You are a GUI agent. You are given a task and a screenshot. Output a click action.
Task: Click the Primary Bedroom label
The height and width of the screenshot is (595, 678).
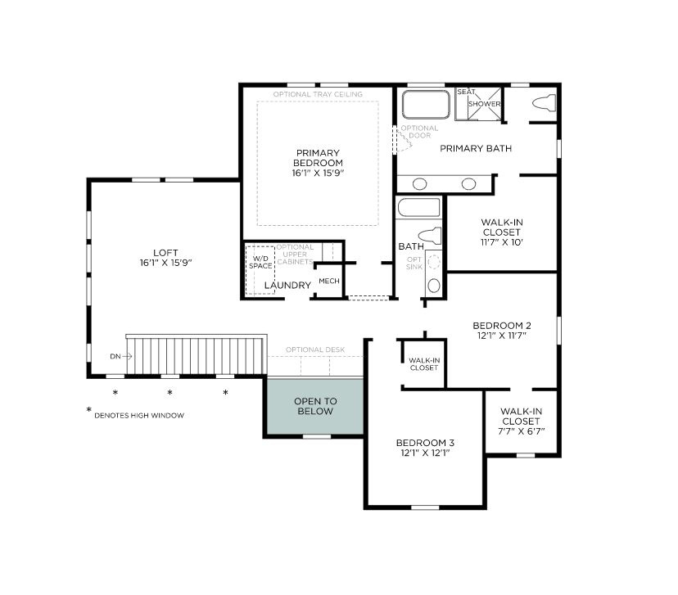point(318,158)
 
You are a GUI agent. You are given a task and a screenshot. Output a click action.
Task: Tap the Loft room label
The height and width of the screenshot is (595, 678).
point(165,253)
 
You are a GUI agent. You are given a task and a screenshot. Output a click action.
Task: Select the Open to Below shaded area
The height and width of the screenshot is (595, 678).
point(315,406)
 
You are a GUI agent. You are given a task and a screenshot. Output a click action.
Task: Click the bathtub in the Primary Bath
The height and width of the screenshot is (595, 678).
point(426,104)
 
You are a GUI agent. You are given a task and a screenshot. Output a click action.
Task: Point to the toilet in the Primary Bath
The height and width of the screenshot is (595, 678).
point(544,103)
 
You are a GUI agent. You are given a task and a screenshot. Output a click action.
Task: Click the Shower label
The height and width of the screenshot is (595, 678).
point(484,104)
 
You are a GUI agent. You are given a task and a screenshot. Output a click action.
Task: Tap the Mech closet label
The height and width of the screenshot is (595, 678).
point(329,281)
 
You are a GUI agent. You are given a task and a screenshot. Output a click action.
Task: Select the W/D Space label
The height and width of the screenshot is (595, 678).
point(260,262)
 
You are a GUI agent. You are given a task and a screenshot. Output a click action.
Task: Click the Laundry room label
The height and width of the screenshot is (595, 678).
point(287,285)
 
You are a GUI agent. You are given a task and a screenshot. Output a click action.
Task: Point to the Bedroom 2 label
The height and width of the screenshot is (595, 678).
point(502,326)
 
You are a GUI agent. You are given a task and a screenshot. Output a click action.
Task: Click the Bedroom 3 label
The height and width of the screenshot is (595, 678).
point(425,443)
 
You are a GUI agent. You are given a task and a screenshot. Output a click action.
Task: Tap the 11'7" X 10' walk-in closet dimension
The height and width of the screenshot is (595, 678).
point(502,242)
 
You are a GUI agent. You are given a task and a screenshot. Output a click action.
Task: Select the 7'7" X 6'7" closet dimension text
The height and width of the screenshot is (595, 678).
point(521,431)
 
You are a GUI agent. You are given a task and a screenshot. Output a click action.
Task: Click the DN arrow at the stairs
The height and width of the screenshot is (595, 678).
point(127,357)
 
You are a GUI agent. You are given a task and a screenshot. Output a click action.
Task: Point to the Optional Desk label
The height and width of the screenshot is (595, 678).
point(315,349)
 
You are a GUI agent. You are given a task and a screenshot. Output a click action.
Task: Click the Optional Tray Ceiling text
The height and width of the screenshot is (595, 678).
point(318,94)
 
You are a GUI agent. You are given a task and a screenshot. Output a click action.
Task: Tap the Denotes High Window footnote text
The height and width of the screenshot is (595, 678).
point(139,416)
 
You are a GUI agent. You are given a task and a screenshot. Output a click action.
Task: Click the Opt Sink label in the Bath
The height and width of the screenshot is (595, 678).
point(414,264)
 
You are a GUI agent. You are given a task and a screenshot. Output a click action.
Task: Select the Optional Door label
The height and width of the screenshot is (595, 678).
point(419,132)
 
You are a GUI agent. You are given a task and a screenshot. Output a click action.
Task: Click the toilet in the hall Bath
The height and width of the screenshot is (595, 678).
point(430,237)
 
